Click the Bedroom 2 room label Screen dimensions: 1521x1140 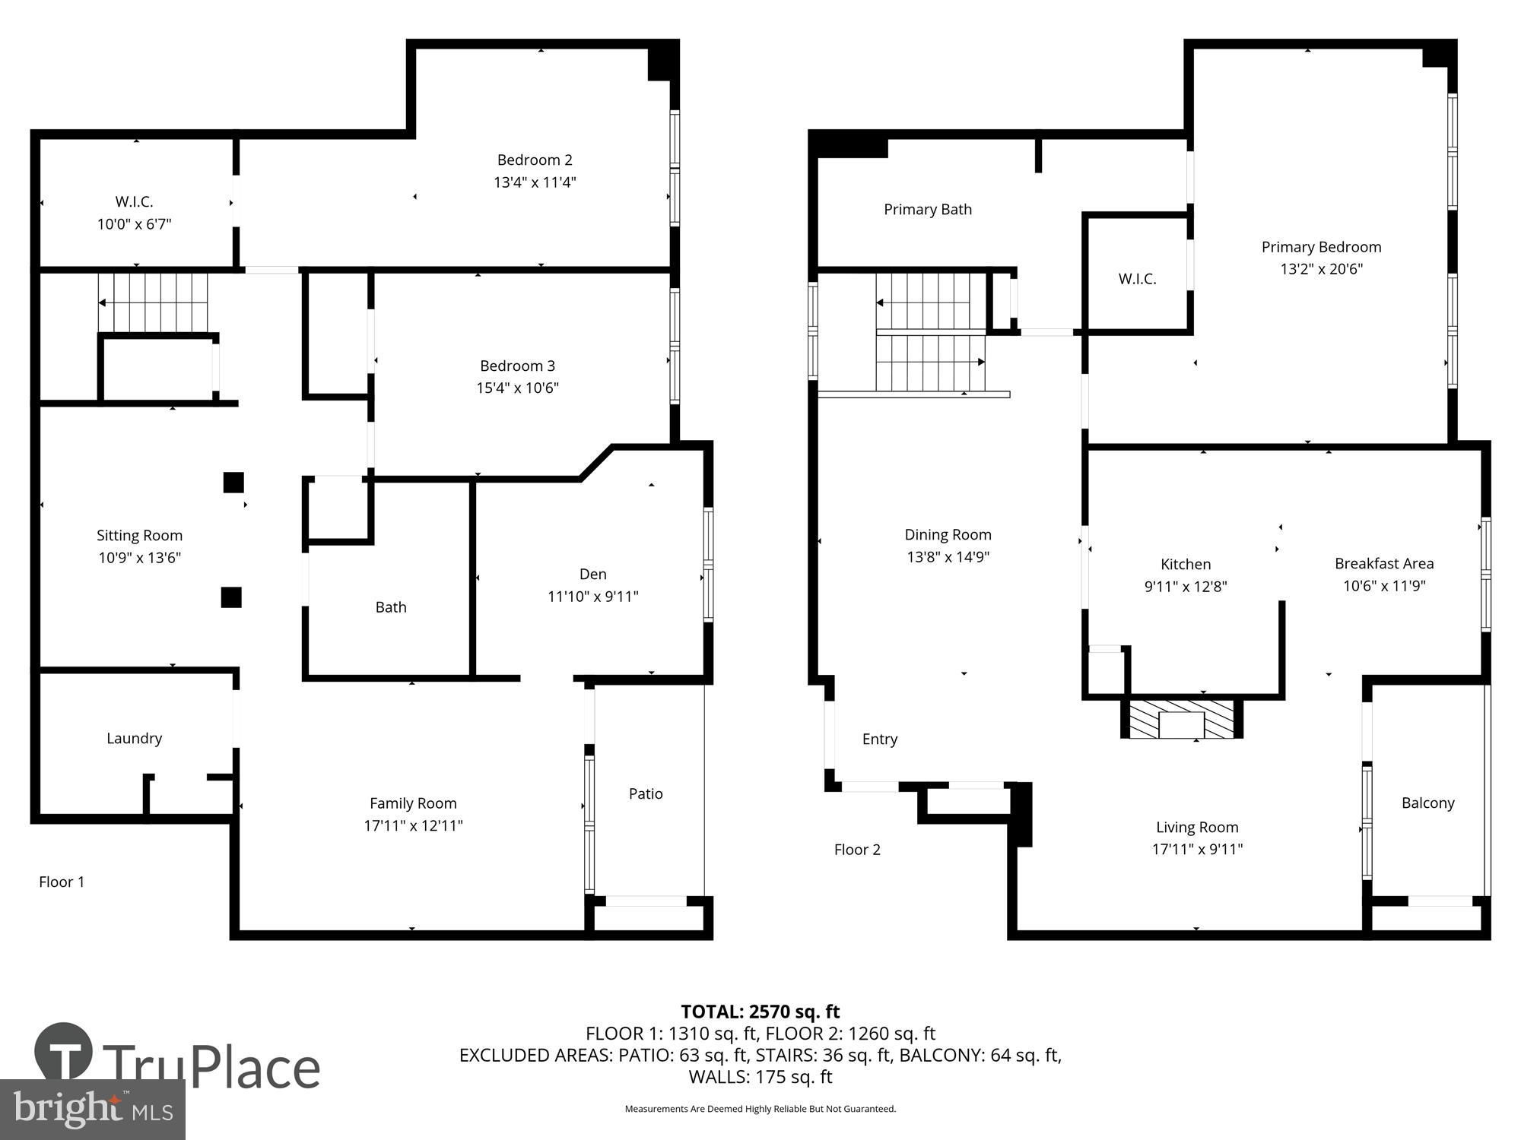click(535, 160)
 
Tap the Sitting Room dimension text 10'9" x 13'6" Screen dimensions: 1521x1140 click(139, 558)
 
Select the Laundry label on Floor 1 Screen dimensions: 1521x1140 click(135, 738)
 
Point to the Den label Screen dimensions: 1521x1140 click(593, 574)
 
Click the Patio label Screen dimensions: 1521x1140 click(646, 793)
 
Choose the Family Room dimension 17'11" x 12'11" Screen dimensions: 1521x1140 click(413, 825)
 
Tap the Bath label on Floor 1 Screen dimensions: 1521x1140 click(391, 607)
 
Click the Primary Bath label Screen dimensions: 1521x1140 click(928, 209)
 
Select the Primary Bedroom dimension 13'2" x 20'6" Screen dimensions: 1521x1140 click(1321, 269)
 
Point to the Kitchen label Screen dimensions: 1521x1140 click(1186, 564)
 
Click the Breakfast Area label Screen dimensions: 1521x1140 click(1384, 563)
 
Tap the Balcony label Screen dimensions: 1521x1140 click(1427, 803)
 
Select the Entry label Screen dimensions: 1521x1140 click(880, 739)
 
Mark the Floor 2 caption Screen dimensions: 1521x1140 click(857, 850)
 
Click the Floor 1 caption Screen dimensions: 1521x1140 click(62, 882)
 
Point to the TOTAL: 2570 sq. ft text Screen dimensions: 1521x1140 click(760, 1012)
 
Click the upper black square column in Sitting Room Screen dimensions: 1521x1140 click(233, 483)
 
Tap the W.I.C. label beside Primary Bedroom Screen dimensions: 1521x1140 click(1137, 279)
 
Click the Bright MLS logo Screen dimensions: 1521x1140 click(92, 1110)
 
